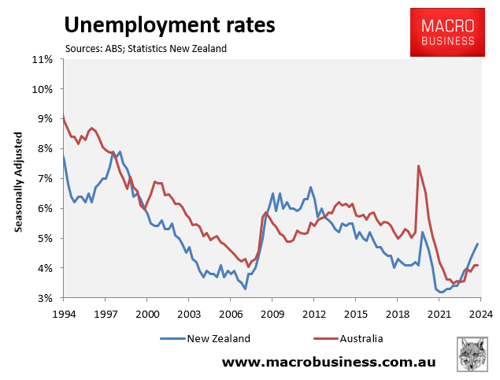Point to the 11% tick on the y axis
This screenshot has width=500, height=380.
click(x=42, y=59)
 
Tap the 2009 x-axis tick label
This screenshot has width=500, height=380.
click(x=272, y=313)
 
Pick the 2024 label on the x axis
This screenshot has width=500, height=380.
click(x=481, y=313)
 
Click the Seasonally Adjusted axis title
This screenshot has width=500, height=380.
click(x=17, y=179)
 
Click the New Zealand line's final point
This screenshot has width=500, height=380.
click(x=477, y=244)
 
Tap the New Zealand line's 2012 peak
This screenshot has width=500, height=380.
click(x=310, y=187)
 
